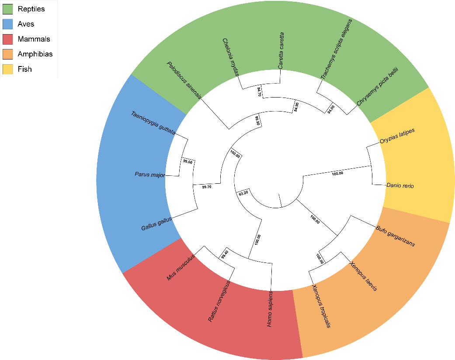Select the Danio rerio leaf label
click(400, 185)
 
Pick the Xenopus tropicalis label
click(321, 306)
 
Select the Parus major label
click(149, 175)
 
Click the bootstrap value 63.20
click(243, 192)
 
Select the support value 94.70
click(259, 92)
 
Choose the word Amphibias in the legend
click(35, 54)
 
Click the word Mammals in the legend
click(34, 39)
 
